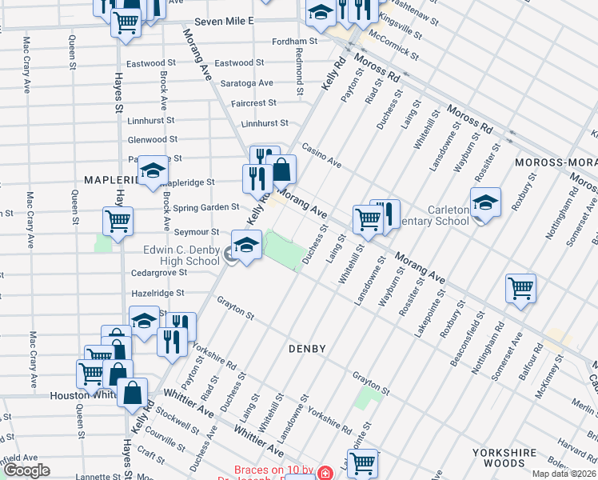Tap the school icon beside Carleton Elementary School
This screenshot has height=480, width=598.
tap(485, 203)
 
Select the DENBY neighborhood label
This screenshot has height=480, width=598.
tap(307, 349)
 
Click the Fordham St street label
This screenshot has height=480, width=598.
tap(296, 42)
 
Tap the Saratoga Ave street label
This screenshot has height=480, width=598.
tap(247, 82)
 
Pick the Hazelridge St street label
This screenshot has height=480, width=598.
tap(158, 294)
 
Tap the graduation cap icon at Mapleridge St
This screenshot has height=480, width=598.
tap(153, 170)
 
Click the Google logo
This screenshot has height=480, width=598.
tap(26, 470)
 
